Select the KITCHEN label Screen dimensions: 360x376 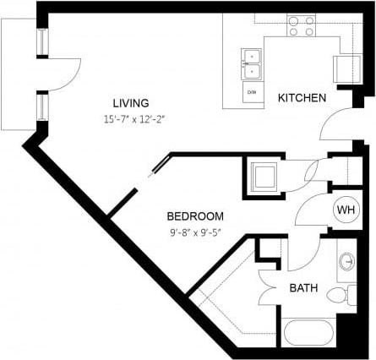tap(302, 98)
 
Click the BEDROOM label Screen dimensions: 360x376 tap(195, 215)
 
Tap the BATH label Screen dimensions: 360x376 tap(303, 288)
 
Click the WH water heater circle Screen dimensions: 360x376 tap(346, 209)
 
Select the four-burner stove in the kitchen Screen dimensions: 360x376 tap(302, 25)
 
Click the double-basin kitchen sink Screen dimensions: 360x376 tap(252, 63)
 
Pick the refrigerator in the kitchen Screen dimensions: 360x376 tap(347, 68)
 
